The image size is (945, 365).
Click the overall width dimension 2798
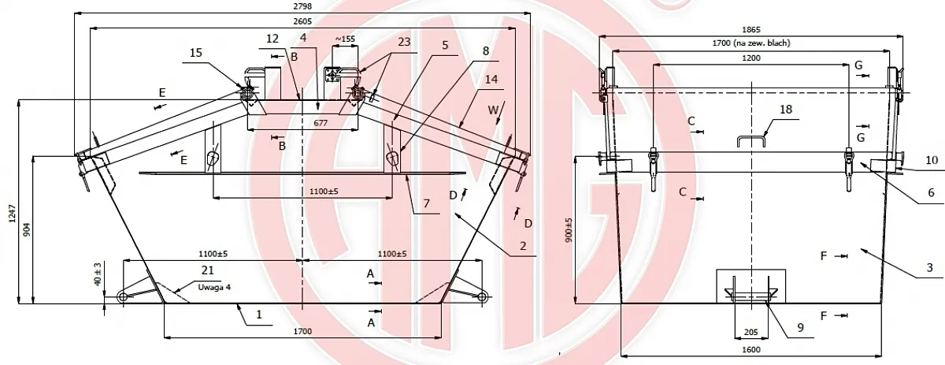pyautogui.click(x=302, y=6)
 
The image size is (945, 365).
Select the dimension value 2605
pyautogui.click(x=302, y=21)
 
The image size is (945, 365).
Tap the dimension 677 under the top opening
pyautogui.click(x=321, y=123)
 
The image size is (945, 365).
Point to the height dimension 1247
pyautogui.click(x=13, y=214)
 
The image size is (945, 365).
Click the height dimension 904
pyautogui.click(x=27, y=229)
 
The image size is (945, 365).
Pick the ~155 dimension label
pyautogui.click(x=345, y=39)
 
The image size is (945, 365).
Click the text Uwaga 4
pyautogui.click(x=215, y=287)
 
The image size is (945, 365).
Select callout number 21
pyautogui.click(x=208, y=270)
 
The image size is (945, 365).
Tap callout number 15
pyautogui.click(x=196, y=53)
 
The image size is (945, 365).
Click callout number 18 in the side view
pyautogui.click(x=786, y=110)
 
